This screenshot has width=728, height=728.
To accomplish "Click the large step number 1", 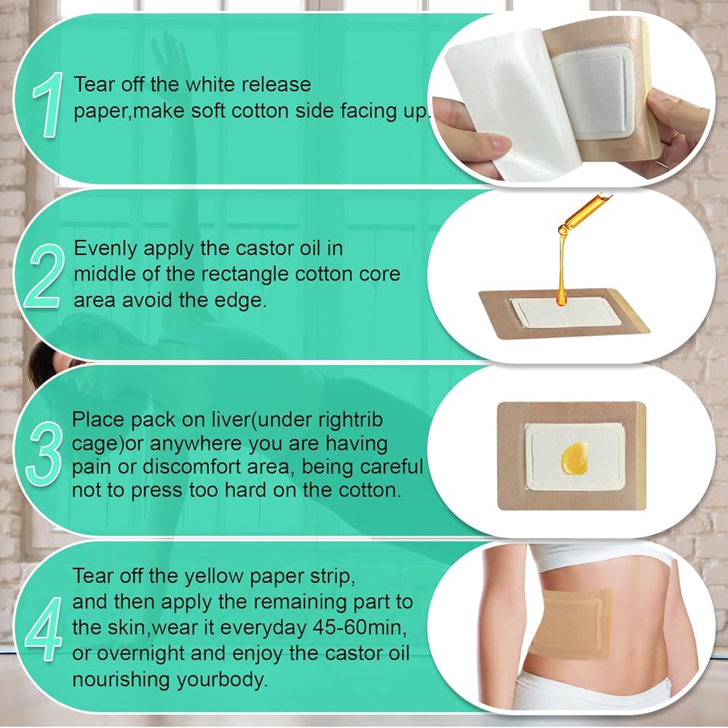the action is click(x=47, y=105).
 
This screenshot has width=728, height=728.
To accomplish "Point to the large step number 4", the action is click(x=44, y=628).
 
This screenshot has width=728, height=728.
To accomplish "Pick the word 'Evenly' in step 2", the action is click(x=106, y=249).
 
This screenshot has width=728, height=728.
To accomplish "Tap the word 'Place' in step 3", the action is click(x=98, y=419).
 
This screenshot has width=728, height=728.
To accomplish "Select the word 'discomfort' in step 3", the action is click(x=216, y=466).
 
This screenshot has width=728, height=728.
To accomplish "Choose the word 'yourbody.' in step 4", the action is click(x=221, y=680).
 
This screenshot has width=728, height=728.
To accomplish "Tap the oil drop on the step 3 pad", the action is click(x=575, y=458).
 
